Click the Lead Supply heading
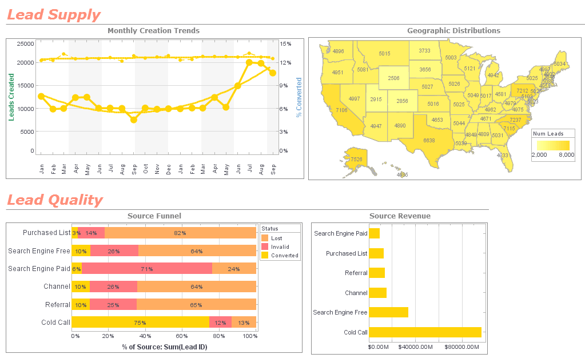54,15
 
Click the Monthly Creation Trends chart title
153,31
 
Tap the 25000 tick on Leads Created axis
25,43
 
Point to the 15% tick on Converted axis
286,43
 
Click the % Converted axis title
299,98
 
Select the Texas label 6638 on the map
429,140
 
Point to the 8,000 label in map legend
566,155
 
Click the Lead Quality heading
55,200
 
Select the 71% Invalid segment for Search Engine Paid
147,269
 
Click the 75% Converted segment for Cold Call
140,323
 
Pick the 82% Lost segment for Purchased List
180,233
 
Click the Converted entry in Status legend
284,256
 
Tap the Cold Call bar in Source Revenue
425,332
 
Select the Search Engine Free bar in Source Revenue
389,312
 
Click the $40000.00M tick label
415,347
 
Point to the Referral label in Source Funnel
56,305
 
